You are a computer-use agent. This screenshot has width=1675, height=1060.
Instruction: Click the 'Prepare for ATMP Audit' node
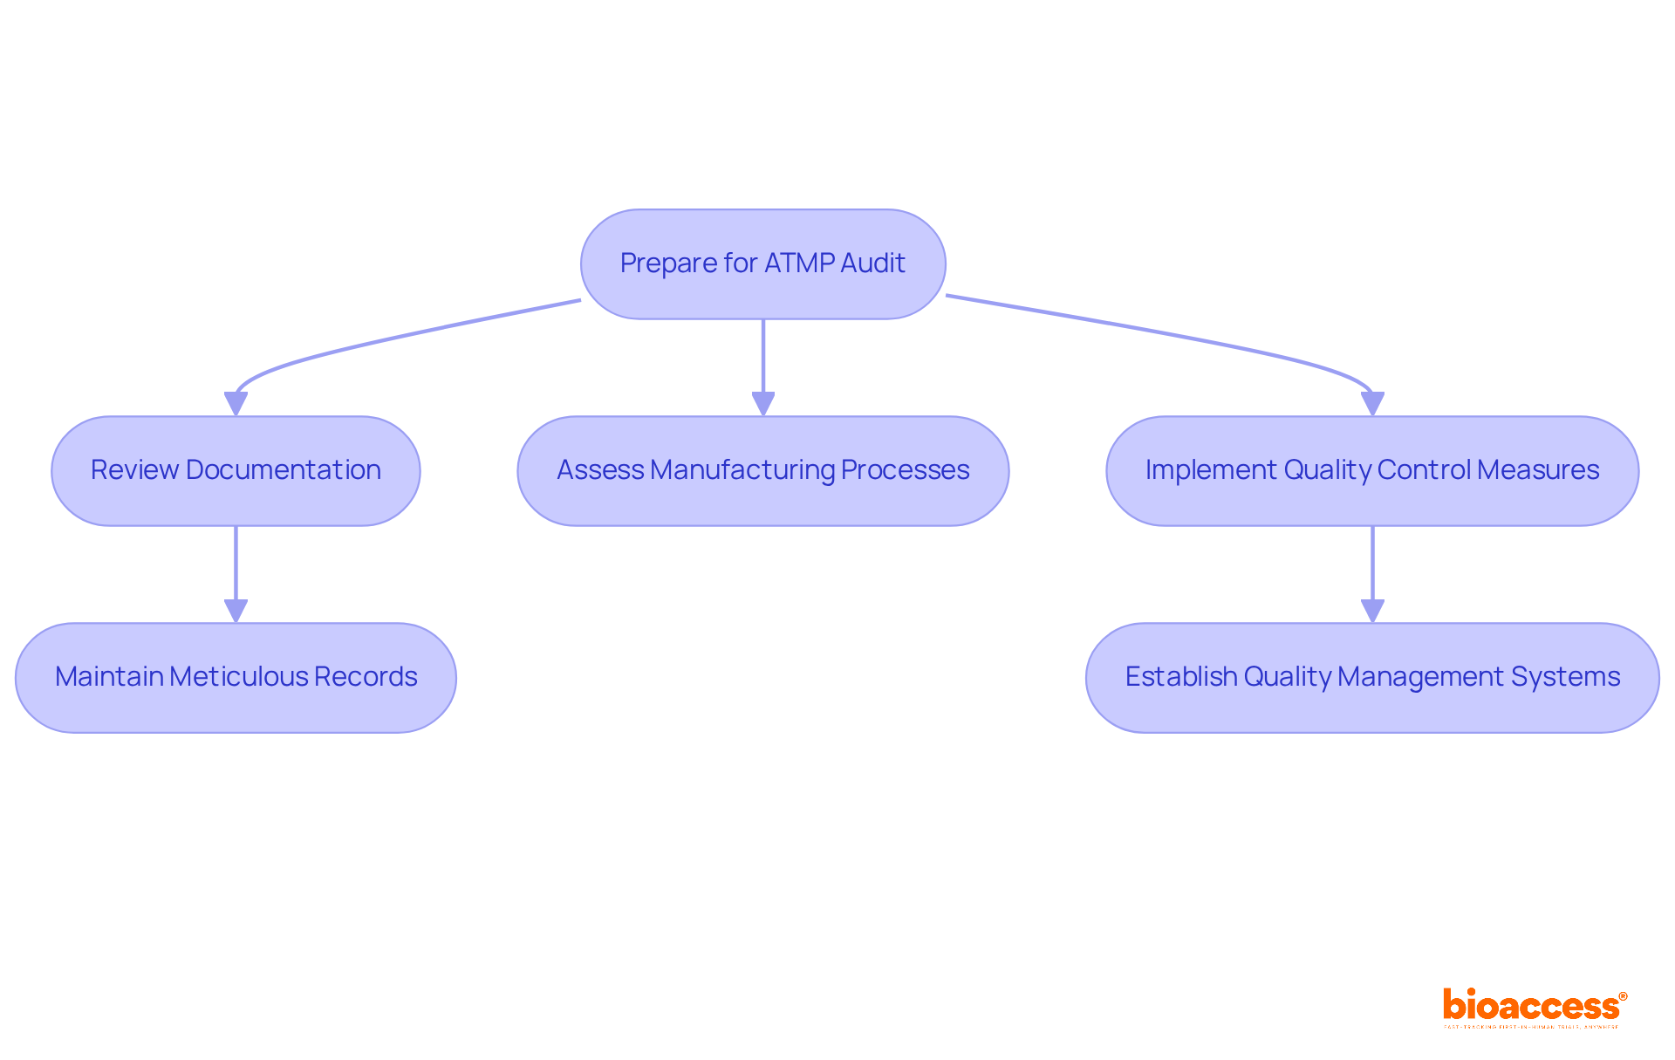click(762, 263)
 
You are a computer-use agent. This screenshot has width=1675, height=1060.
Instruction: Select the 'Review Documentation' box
click(236, 470)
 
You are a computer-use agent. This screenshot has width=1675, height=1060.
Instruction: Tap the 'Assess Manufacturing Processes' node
click(762, 470)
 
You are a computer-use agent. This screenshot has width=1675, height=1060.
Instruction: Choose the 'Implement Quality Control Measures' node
click(1371, 470)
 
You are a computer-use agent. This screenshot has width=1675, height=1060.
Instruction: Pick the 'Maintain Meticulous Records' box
click(236, 677)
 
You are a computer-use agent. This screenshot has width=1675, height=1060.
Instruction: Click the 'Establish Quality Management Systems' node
click(1371, 677)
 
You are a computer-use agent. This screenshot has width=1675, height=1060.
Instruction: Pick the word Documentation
click(283, 469)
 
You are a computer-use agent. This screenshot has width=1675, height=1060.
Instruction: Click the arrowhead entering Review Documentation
click(236, 404)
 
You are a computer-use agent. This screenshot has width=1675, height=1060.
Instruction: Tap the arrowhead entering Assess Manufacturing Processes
click(763, 404)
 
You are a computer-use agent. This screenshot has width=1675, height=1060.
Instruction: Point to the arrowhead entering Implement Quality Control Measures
click(1372, 404)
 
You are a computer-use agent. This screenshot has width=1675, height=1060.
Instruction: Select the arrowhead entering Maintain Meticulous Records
click(236, 611)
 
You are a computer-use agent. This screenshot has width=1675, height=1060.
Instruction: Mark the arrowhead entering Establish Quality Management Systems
click(1372, 611)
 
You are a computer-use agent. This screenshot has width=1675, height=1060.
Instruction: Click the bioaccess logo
click(1530, 1005)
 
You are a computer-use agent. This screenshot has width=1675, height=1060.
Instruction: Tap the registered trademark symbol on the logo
click(1623, 996)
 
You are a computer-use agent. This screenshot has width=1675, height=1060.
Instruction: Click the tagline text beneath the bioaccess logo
click(1530, 1027)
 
